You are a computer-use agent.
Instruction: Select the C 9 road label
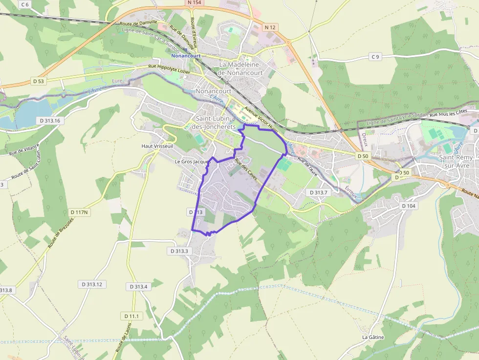tap(375, 57)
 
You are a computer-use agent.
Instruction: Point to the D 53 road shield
tap(39, 81)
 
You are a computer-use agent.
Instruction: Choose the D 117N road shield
tap(79, 212)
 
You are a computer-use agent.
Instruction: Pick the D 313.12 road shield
tap(91, 284)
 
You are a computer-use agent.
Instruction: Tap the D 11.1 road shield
tap(131, 316)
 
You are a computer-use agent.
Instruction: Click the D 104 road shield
tap(408, 206)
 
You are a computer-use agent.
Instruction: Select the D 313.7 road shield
tap(318, 192)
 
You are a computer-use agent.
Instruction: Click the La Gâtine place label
tap(373, 337)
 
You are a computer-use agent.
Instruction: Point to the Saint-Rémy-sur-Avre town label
tap(458, 161)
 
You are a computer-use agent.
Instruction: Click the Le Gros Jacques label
tap(192, 161)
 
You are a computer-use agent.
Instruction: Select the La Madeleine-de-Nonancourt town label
tap(240, 68)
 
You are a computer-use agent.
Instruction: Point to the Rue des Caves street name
tap(246, 169)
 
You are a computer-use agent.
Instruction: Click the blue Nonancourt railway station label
tap(186, 56)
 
